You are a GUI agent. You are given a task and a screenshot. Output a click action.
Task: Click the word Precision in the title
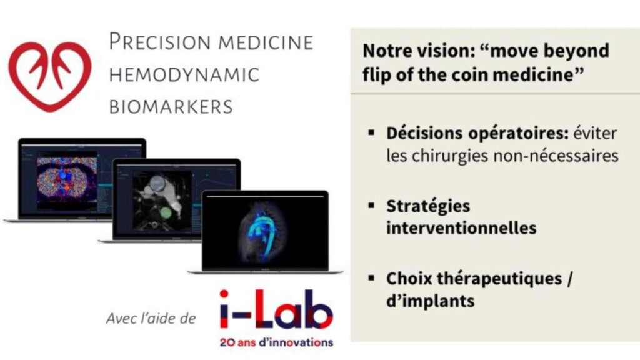pyautogui.click(x=161, y=42)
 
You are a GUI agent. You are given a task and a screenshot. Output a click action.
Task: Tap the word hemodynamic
pyautogui.click(x=184, y=75)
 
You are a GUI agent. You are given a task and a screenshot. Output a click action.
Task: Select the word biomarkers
pyautogui.click(x=171, y=107)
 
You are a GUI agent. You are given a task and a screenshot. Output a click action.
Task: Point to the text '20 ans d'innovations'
pyautogui.click(x=276, y=342)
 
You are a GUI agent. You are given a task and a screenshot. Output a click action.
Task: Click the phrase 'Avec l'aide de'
pyautogui.click(x=151, y=318)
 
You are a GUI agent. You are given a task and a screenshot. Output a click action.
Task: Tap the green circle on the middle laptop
pyautogui.click(x=165, y=212)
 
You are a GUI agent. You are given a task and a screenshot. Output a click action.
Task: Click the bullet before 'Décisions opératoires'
pyautogui.click(x=371, y=132)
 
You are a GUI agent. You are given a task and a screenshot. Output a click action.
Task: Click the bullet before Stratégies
pyautogui.click(x=371, y=205)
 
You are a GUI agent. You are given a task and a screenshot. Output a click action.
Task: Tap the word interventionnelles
pyautogui.click(x=461, y=228)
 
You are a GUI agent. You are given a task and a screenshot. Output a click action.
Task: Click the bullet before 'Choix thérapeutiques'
pyautogui.click(x=371, y=278)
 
